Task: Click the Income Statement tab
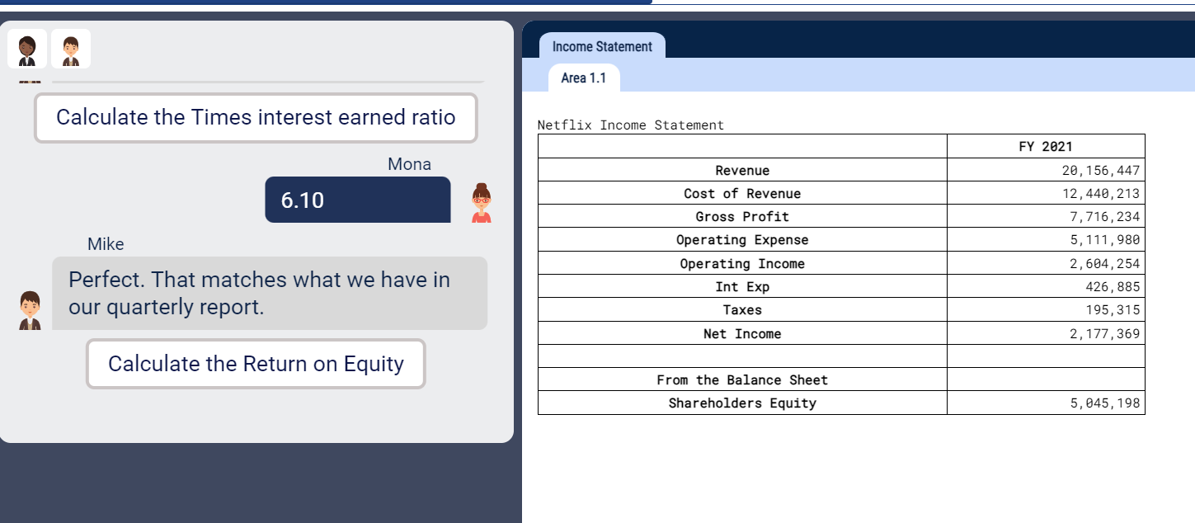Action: coord(602,46)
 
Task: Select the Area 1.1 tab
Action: coord(584,78)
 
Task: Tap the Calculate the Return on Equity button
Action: coord(256,364)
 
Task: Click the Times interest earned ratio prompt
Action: coord(256,117)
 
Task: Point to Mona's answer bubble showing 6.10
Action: coord(357,200)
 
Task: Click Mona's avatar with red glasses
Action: coord(481,203)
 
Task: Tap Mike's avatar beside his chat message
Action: coord(30,310)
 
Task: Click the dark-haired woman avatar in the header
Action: coord(27,49)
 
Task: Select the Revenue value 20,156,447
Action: coord(1101,170)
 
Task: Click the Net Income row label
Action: coord(742,333)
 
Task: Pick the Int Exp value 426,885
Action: coord(1113,286)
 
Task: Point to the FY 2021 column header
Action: coord(1046,146)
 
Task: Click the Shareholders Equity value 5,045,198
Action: coord(1105,403)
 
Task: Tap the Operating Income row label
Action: coord(742,264)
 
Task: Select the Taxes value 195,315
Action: coord(1113,309)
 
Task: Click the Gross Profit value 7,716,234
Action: coord(1105,217)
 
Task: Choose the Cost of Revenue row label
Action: coord(742,193)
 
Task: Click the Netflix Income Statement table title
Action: coord(631,125)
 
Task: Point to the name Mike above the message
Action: coord(106,244)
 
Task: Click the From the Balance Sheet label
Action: coord(742,379)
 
